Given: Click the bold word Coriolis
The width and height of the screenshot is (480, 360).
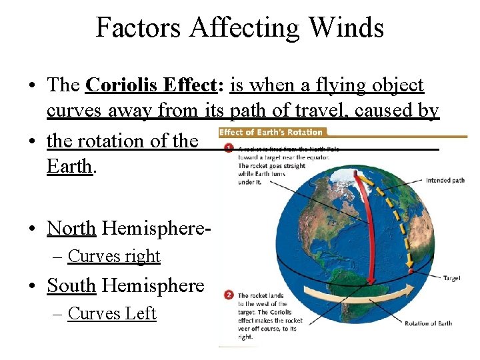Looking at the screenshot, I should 122,85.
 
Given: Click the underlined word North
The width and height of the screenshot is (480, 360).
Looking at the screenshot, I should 71,228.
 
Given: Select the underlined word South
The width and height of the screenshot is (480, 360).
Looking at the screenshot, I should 71,285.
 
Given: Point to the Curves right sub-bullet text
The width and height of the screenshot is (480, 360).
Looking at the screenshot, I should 114,256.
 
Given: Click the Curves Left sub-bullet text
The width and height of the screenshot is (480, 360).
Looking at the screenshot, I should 112,313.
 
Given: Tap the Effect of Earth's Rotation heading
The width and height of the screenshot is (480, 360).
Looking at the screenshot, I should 271,133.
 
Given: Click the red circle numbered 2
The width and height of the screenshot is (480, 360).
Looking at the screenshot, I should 229,295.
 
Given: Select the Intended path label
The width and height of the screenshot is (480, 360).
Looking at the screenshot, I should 445,180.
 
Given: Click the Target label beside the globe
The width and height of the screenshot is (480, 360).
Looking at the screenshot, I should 451,278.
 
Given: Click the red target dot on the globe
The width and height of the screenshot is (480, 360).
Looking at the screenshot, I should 411,271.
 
